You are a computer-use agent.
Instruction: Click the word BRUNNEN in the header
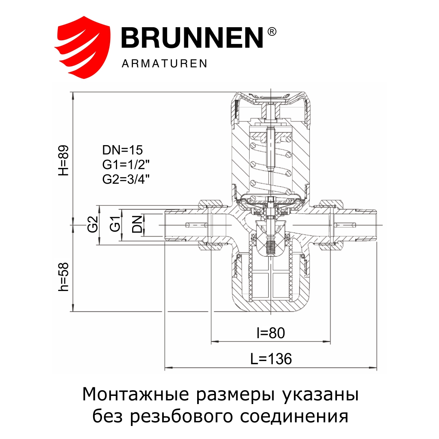192,38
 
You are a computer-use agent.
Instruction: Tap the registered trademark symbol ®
272,32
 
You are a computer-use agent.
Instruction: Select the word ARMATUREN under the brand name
164,64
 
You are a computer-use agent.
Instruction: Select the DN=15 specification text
123,150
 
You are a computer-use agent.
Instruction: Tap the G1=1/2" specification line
126,165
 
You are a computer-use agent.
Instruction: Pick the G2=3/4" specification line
126,179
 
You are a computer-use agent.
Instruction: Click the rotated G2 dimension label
93,225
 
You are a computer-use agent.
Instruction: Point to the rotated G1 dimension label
115,225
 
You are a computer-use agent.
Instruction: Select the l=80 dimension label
271,333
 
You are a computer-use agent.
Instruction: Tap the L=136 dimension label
271,359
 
